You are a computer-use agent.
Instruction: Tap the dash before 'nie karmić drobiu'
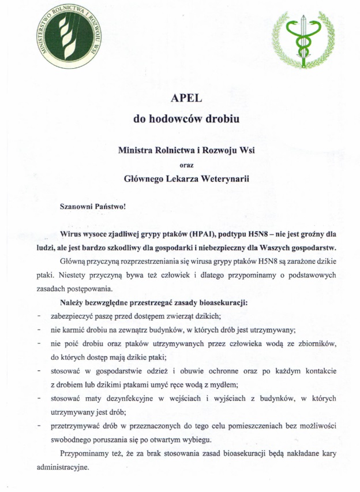coord(38,330)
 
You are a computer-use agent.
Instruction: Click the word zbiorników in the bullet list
coord(316,344)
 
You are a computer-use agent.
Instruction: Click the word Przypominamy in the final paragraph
coord(87,453)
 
